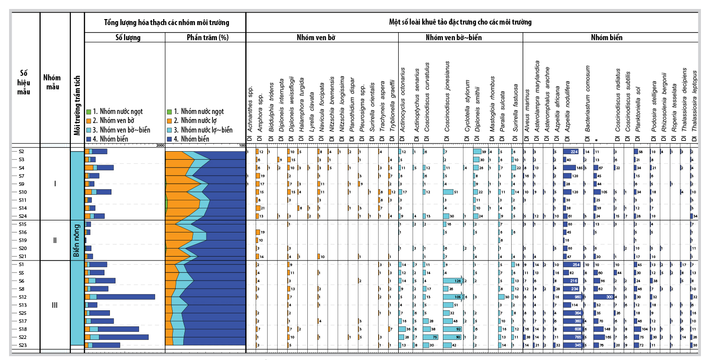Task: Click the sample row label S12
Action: tap(22, 297)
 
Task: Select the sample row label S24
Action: tap(22, 216)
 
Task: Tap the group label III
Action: tap(55, 305)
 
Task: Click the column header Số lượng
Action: tap(125, 38)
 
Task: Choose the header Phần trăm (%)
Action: tap(205, 38)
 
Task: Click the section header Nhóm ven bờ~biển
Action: tap(460, 38)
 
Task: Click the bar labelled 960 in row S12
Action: tap(572, 297)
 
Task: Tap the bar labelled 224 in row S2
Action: tap(571, 151)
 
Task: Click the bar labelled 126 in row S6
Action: tap(453, 281)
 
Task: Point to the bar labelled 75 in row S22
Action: tap(431, 337)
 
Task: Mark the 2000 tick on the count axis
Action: tap(160, 146)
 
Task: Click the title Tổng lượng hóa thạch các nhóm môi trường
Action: tap(166, 23)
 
